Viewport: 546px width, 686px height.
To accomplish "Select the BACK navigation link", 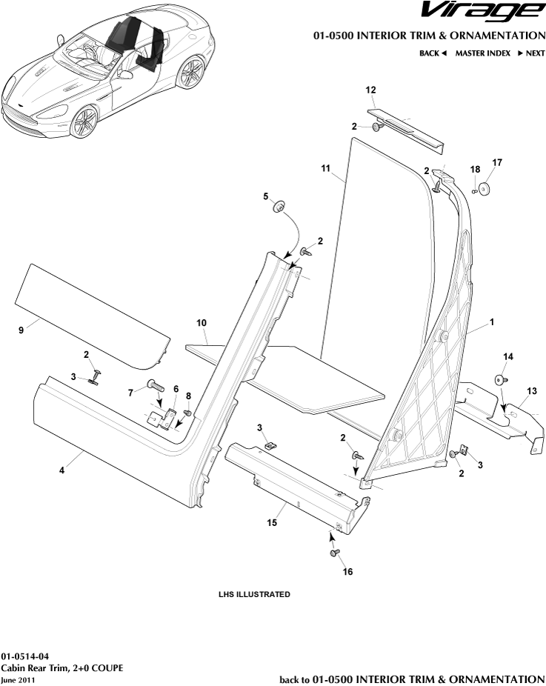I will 433,53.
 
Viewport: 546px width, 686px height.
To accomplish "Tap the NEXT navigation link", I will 530,53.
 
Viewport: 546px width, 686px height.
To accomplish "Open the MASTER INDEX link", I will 482,53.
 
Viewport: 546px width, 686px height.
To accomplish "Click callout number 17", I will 496,161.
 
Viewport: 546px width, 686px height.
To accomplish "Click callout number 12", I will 371,90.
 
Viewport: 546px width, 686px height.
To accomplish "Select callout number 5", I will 265,196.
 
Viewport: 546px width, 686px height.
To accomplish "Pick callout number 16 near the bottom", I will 347,572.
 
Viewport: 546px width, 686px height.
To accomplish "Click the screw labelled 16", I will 334,553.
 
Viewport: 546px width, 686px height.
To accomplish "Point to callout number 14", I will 508,357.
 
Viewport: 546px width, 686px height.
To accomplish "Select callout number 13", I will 531,390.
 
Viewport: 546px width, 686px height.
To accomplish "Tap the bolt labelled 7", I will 154,384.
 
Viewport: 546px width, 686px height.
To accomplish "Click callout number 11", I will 325,169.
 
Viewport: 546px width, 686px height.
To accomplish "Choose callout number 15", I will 272,522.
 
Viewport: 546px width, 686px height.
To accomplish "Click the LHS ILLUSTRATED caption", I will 254,594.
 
